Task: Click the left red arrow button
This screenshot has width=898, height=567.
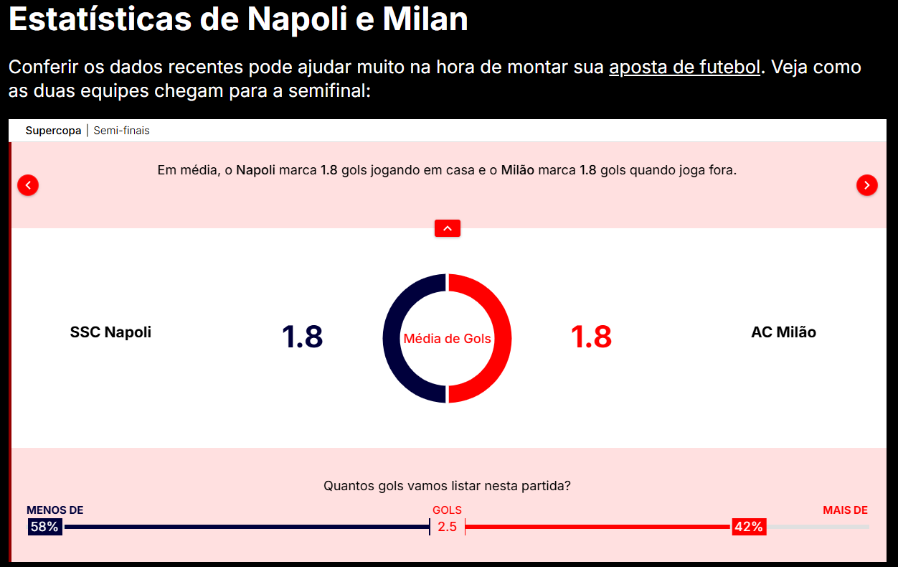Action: tap(28, 185)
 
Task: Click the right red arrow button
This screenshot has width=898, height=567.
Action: tap(866, 185)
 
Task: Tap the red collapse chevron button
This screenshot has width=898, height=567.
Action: tap(447, 228)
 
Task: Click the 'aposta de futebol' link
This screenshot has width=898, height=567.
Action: tap(684, 67)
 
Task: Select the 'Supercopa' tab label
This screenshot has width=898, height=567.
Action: tap(53, 131)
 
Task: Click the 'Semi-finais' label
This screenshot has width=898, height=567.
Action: tap(121, 131)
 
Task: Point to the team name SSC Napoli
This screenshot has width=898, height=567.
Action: tap(110, 332)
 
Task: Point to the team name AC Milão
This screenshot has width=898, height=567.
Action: tap(783, 332)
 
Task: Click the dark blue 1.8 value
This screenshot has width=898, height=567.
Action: tap(302, 337)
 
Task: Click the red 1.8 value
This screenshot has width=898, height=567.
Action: tap(591, 337)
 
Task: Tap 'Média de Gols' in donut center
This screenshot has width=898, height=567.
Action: tap(447, 338)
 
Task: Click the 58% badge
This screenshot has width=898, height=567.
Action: tap(44, 527)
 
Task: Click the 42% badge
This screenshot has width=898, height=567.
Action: tap(748, 527)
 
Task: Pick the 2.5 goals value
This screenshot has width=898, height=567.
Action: tap(447, 527)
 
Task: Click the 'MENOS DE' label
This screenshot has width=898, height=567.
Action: tap(55, 510)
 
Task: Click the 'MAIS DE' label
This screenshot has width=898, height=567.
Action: tap(845, 510)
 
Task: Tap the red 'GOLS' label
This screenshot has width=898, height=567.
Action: tap(447, 510)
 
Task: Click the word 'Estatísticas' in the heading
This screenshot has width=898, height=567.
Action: tap(100, 19)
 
